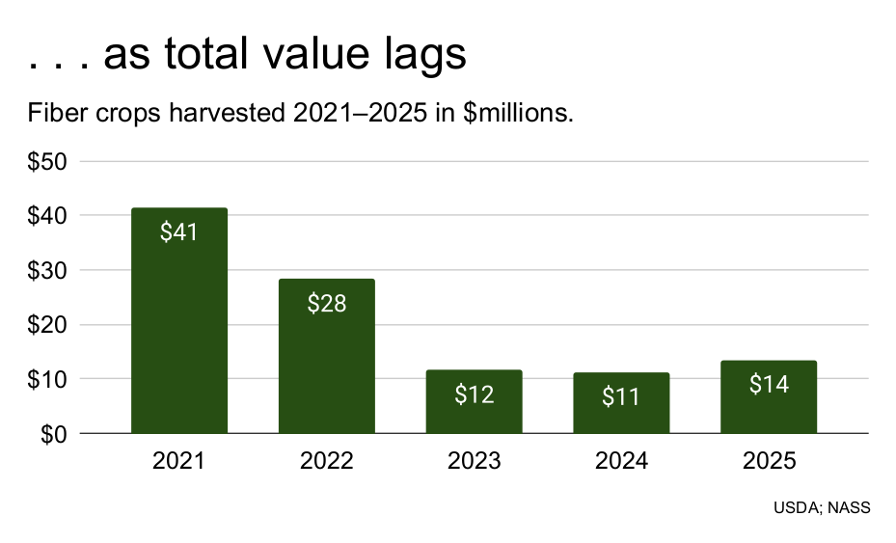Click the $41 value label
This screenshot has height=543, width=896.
pyautogui.click(x=178, y=232)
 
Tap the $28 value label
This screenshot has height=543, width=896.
pyautogui.click(x=326, y=303)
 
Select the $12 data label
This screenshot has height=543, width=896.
pyautogui.click(x=474, y=394)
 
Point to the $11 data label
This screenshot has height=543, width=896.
pyautogui.click(x=621, y=396)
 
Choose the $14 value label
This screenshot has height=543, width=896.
pyautogui.click(x=769, y=384)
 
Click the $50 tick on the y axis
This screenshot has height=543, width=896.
pyautogui.click(x=47, y=161)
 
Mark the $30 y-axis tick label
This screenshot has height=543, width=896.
pyautogui.click(x=47, y=270)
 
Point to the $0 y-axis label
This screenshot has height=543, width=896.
pyautogui.click(x=53, y=434)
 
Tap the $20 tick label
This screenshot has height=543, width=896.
pyautogui.click(x=47, y=325)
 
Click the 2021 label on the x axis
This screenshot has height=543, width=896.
pyautogui.click(x=178, y=461)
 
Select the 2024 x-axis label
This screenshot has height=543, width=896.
pyautogui.click(x=621, y=461)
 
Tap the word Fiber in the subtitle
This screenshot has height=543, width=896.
pyautogui.click(x=56, y=115)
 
